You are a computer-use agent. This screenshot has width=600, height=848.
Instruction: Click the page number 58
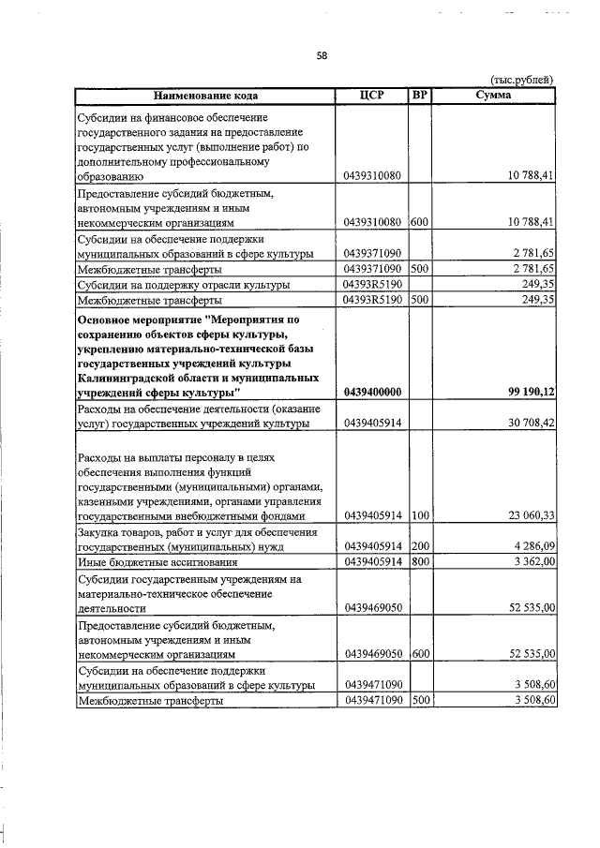pos(321,55)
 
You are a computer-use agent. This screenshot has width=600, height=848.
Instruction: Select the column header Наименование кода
pos(205,96)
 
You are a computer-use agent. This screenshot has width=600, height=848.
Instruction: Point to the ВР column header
pos(420,96)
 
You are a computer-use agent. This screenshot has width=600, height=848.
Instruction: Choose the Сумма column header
pos(493,96)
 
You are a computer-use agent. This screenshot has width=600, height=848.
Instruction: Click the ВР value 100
pos(419,514)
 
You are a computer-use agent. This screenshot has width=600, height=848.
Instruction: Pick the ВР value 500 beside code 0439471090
pos(419,700)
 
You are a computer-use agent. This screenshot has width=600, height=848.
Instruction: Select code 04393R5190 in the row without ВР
pos(372,284)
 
